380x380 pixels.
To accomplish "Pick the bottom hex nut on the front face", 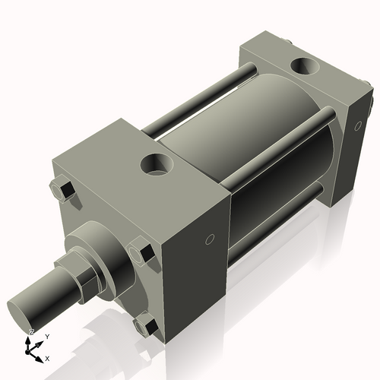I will [x=146, y=325].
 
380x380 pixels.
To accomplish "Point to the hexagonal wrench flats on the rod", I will [x=82, y=274].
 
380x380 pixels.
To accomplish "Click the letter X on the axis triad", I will [x=47, y=357].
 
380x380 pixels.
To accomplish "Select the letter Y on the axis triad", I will [x=47, y=335].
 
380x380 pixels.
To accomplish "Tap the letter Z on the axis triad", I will [x=31, y=332].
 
